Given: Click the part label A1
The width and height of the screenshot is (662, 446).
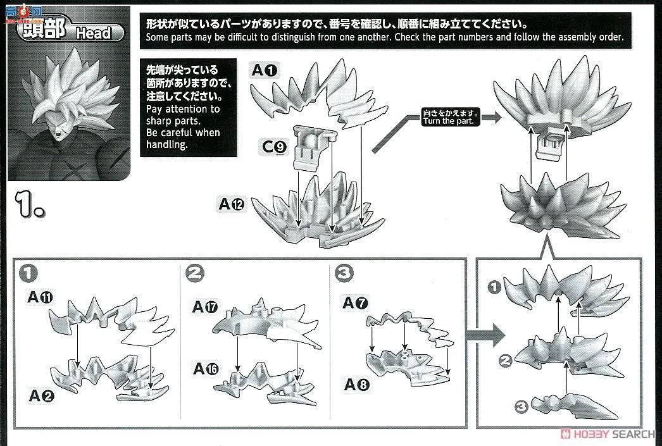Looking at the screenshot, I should click(x=265, y=70).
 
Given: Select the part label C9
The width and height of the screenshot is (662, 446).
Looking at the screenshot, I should click(x=275, y=147).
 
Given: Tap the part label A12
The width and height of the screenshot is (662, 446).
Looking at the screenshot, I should click(x=232, y=204).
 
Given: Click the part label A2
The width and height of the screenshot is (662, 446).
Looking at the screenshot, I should click(x=42, y=396).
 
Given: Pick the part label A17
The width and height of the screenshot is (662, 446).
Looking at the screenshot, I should click(x=206, y=307).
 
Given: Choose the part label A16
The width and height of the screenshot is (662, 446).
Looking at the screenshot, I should click(x=206, y=368).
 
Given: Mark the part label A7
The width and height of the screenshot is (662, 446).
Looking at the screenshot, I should click(x=355, y=303).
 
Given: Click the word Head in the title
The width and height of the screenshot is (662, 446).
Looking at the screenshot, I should click(x=93, y=34).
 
